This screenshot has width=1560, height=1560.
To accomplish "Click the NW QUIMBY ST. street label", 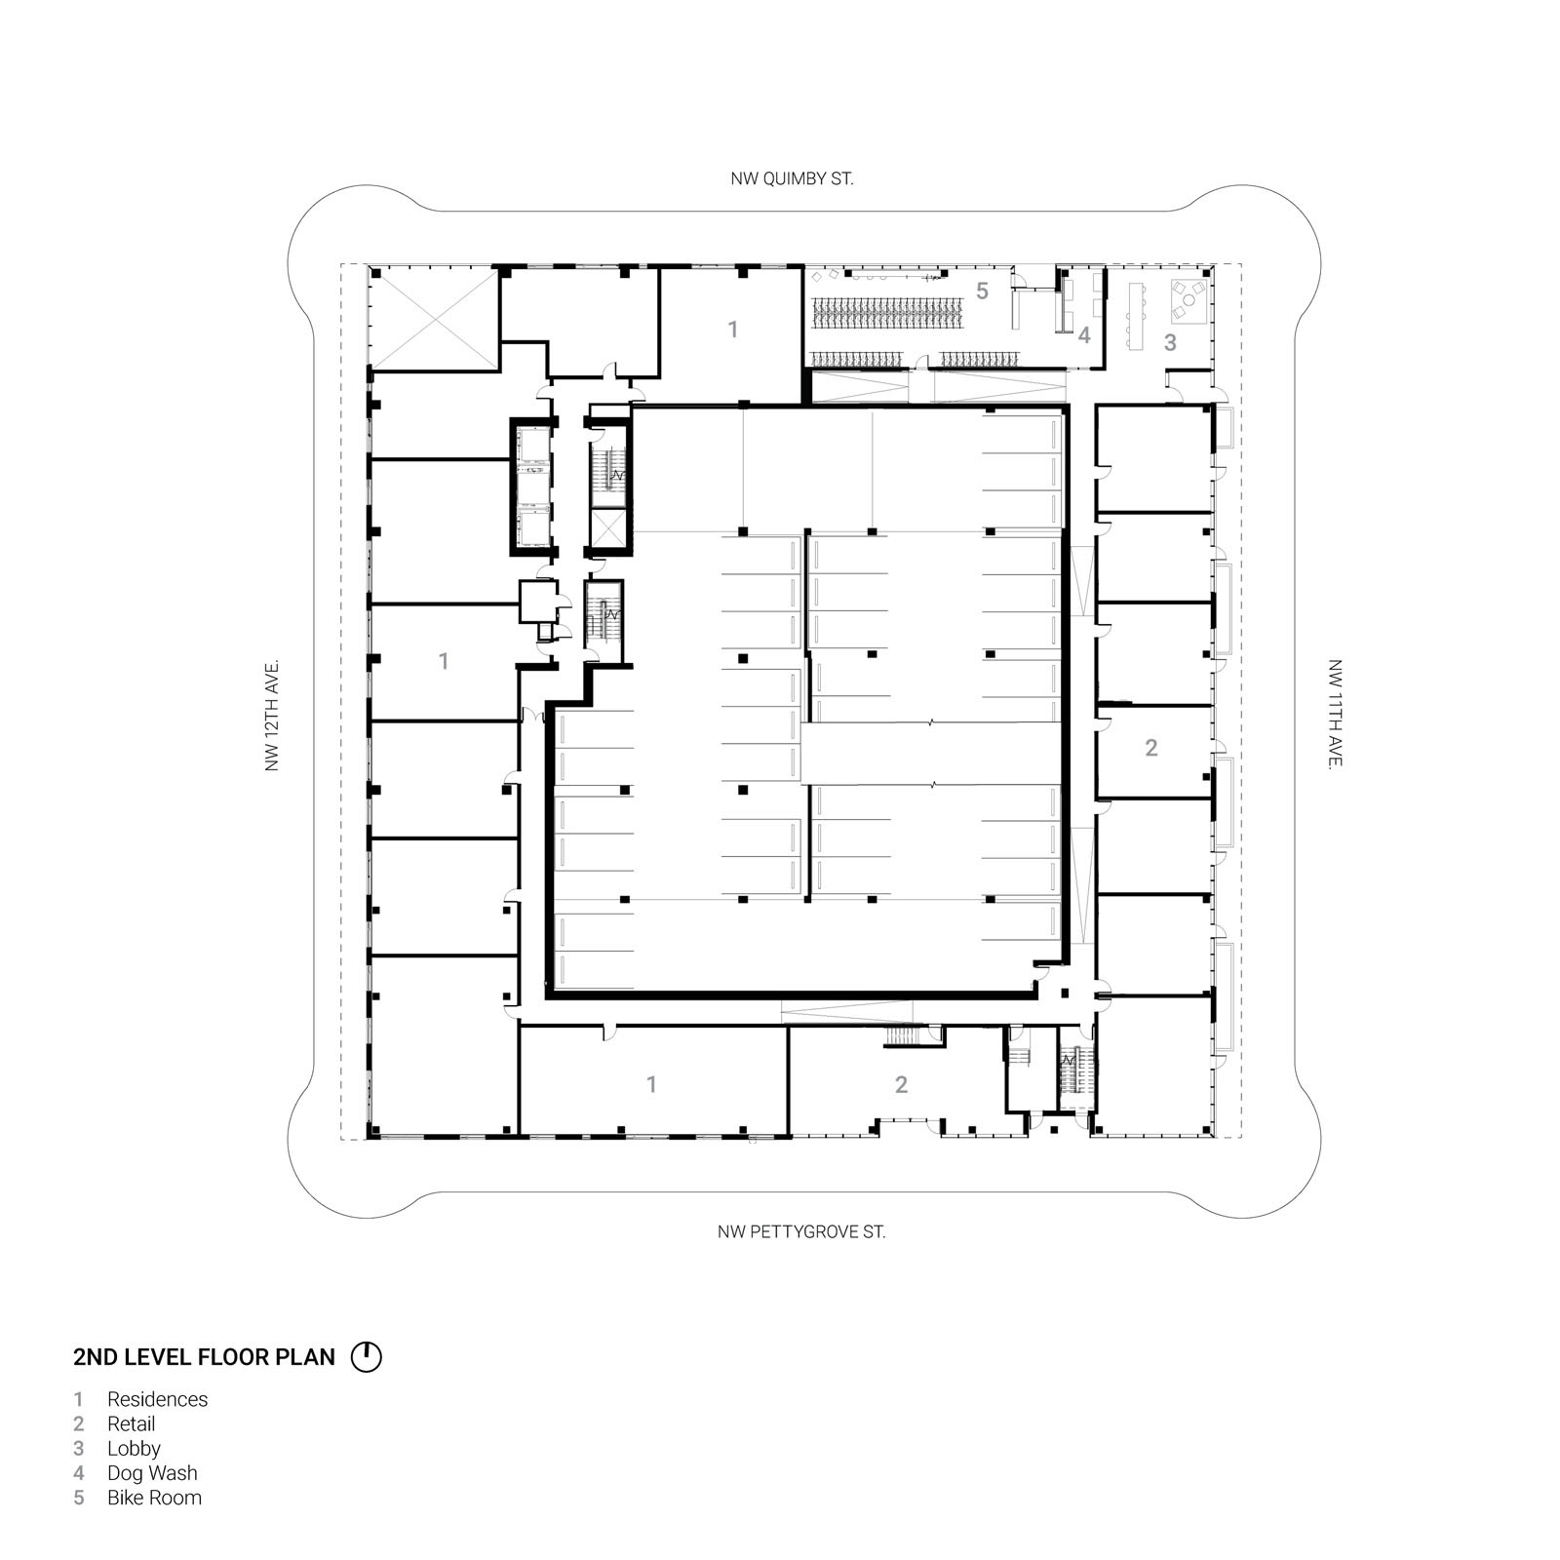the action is [x=792, y=179].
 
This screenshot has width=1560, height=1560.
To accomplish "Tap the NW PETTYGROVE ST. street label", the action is [x=801, y=1232].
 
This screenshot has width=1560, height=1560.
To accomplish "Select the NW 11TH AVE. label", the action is [x=1335, y=715].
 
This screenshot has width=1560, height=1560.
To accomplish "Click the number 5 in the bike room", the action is [x=982, y=291].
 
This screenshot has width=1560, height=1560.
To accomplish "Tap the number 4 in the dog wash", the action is [x=1084, y=335].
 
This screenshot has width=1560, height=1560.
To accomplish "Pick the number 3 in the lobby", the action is [x=1170, y=342].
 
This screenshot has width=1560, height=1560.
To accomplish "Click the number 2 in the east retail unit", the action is [x=1151, y=748].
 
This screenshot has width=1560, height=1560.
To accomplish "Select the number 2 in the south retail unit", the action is [x=901, y=1084].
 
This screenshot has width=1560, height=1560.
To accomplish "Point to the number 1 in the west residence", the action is [x=444, y=661].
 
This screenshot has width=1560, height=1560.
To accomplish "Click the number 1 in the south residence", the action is [x=651, y=1084].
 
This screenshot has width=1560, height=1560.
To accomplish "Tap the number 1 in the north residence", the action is [x=733, y=330].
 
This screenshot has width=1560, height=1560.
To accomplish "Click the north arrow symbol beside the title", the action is [x=366, y=1357].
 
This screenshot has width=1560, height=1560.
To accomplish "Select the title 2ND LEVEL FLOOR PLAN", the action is [x=205, y=1357].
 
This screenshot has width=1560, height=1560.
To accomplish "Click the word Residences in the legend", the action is [x=158, y=1399].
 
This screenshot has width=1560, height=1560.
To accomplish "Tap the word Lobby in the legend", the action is [x=134, y=1449].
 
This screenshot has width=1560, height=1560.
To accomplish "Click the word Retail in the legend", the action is [x=132, y=1423].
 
